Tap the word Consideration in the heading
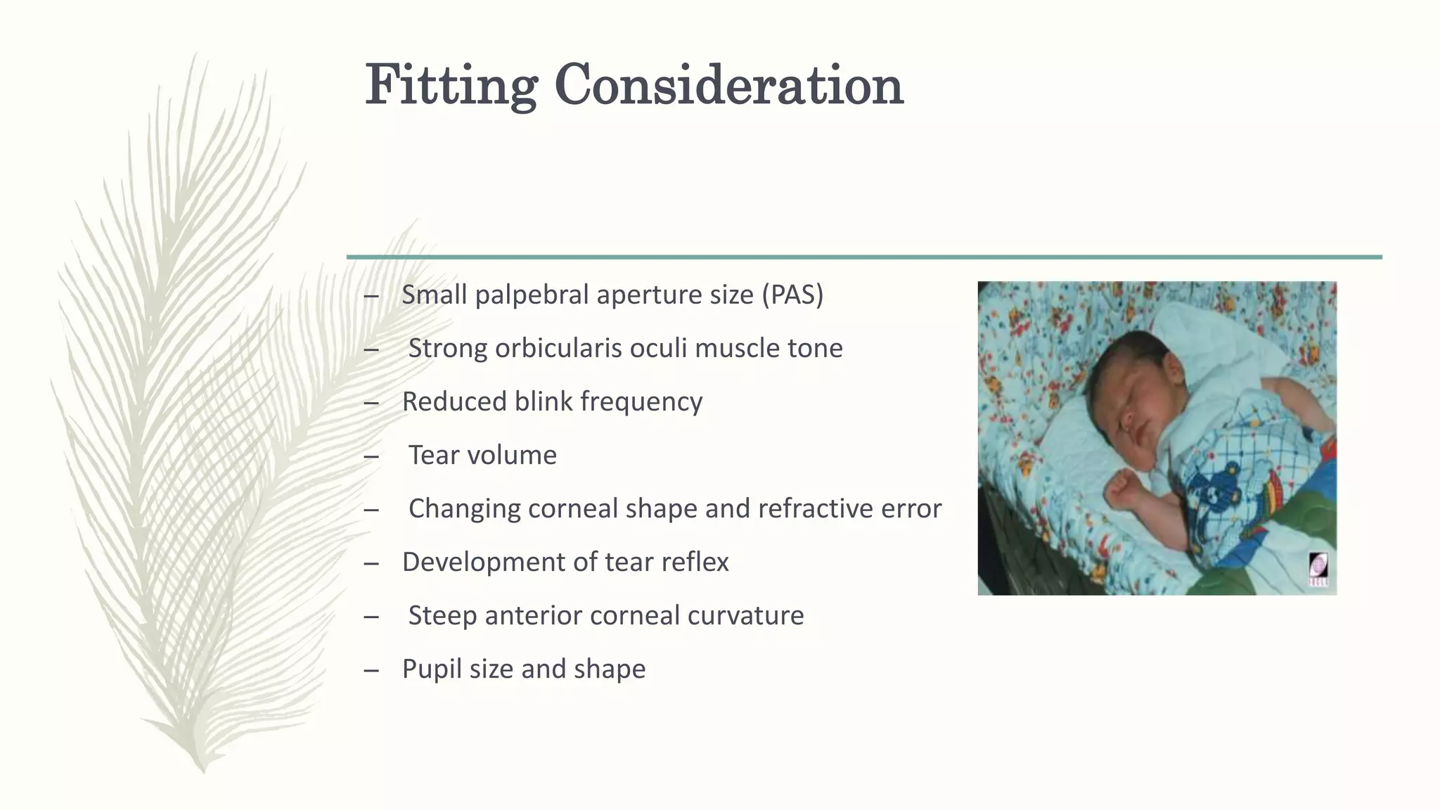click(728, 86)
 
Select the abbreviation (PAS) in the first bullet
click(792, 295)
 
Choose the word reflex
click(695, 562)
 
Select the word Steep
click(442, 615)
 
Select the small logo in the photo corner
click(1318, 569)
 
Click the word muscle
click(731, 348)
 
